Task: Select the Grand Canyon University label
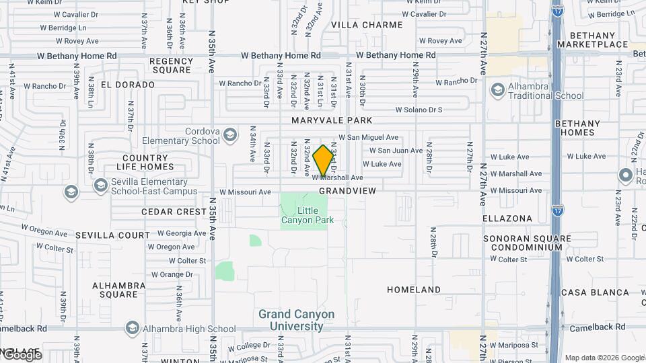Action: coord(297,320)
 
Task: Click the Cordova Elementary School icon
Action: coord(231,136)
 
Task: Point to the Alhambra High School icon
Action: coord(132,328)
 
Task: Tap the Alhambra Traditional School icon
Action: coord(498,90)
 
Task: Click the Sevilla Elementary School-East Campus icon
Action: coord(101,184)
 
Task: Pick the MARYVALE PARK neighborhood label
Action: coord(332,120)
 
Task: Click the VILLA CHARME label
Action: coord(367,25)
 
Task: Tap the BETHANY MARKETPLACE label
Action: coord(598,40)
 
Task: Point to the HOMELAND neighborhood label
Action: coord(414,290)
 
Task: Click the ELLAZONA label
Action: coord(507,218)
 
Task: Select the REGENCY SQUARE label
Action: coord(172,65)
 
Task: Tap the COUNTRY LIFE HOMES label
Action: coord(144,162)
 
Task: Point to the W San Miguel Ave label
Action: coord(369,136)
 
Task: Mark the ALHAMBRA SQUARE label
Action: coord(118,290)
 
